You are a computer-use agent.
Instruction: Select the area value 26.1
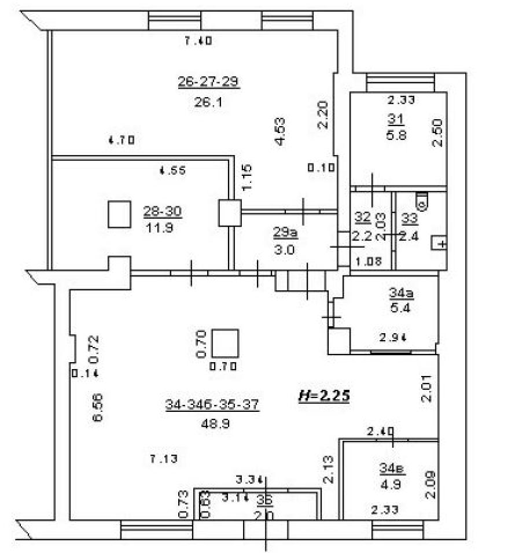[208, 102]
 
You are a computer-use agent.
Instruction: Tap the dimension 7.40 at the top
[198, 40]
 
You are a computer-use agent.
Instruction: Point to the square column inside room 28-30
[120, 214]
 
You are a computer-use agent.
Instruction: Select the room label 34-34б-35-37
[212, 405]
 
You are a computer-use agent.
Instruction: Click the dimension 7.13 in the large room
[163, 459]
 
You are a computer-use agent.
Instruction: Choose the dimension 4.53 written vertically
[280, 132]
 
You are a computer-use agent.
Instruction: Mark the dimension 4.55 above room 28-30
[172, 170]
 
